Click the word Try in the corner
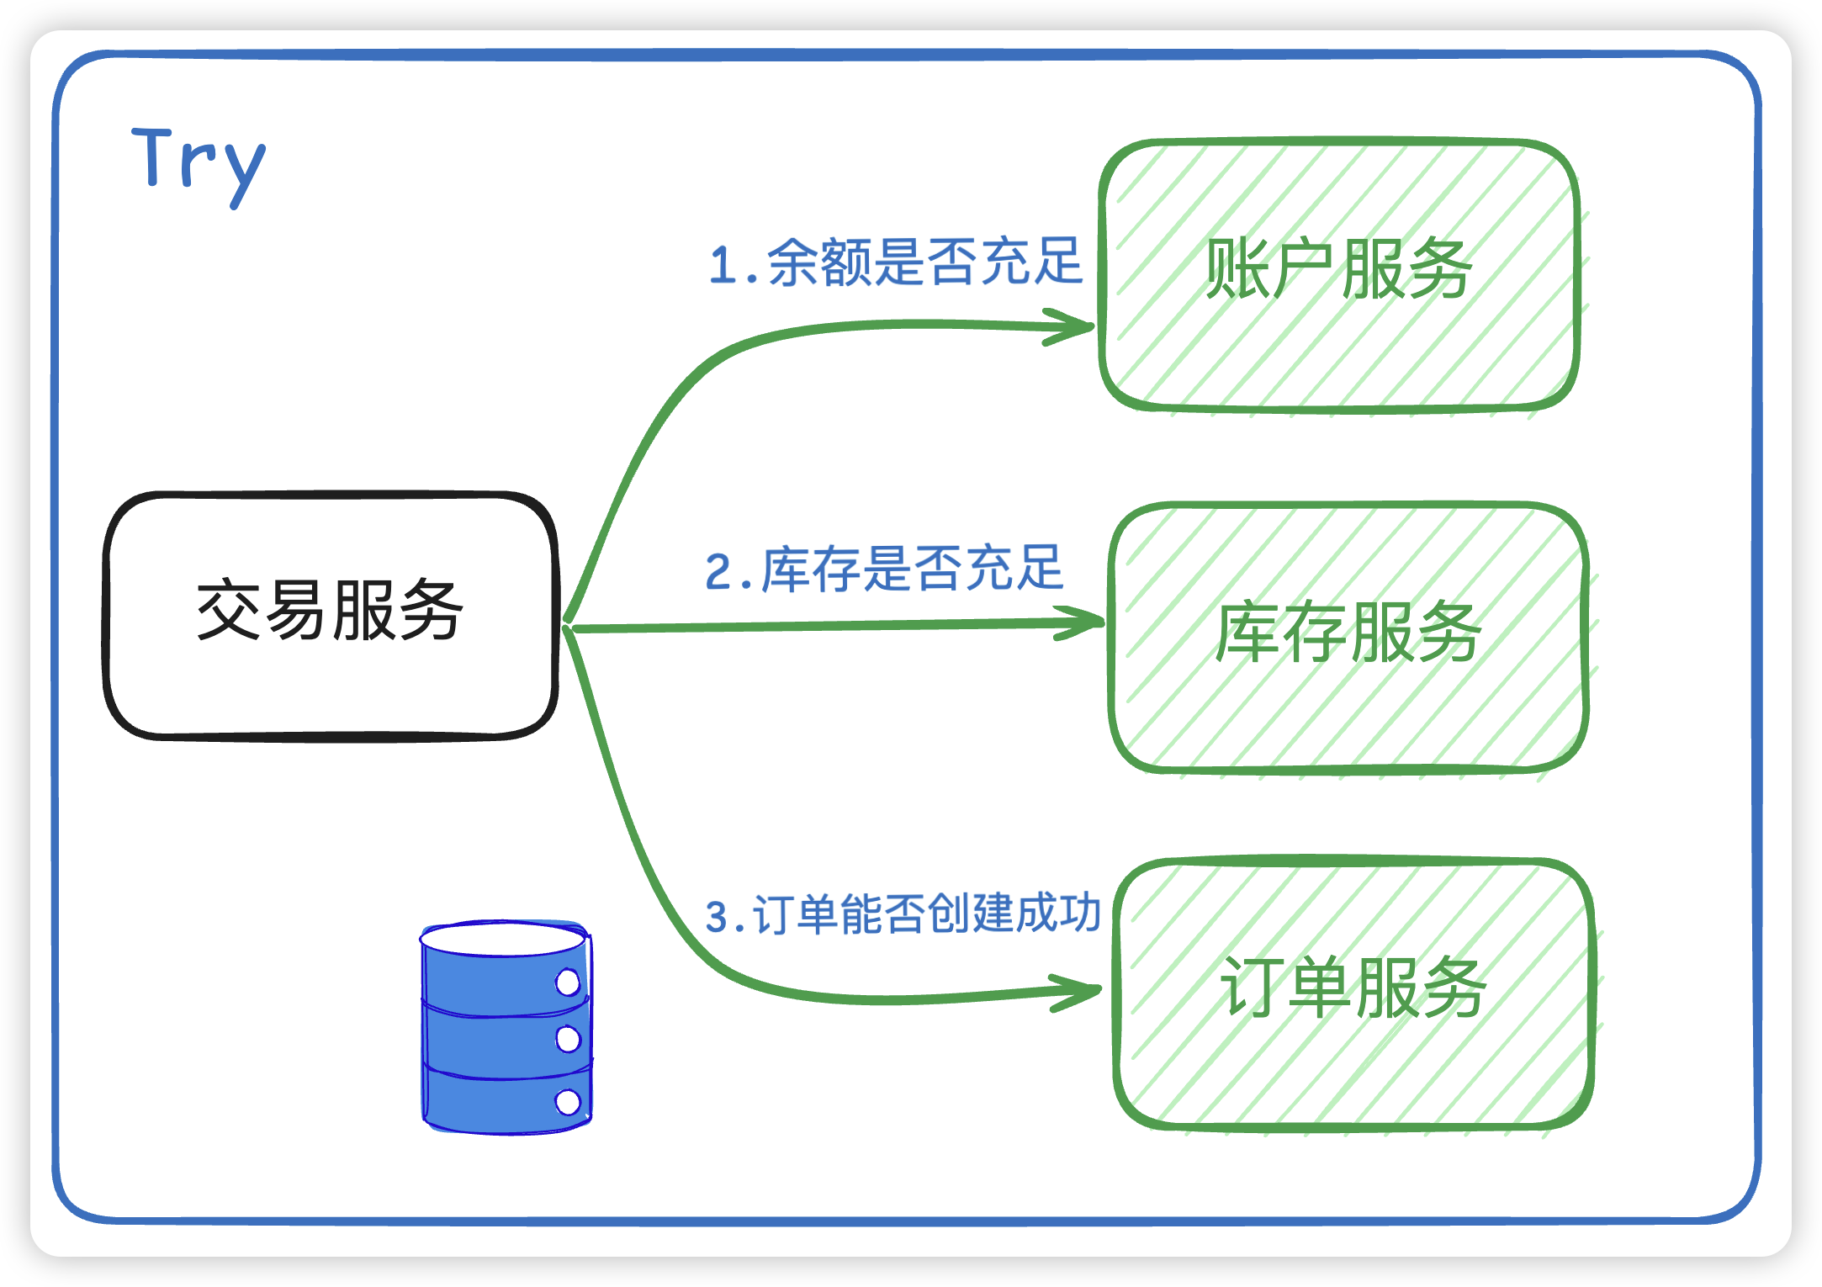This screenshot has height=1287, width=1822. click(x=199, y=163)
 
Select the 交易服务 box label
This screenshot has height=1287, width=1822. click(x=330, y=611)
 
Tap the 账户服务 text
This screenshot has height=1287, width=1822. click(x=1338, y=269)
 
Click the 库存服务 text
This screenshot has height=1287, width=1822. click(x=1348, y=633)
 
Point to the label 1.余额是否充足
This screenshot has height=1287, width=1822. click(x=896, y=262)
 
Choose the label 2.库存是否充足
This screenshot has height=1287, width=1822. click(x=885, y=569)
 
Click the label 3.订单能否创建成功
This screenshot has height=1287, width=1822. click(x=903, y=914)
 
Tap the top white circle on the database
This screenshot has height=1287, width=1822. click(x=568, y=982)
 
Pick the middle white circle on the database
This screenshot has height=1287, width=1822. click(x=569, y=1040)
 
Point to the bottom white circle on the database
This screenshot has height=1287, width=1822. click(x=568, y=1102)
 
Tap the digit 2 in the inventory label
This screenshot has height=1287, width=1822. click(x=718, y=572)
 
